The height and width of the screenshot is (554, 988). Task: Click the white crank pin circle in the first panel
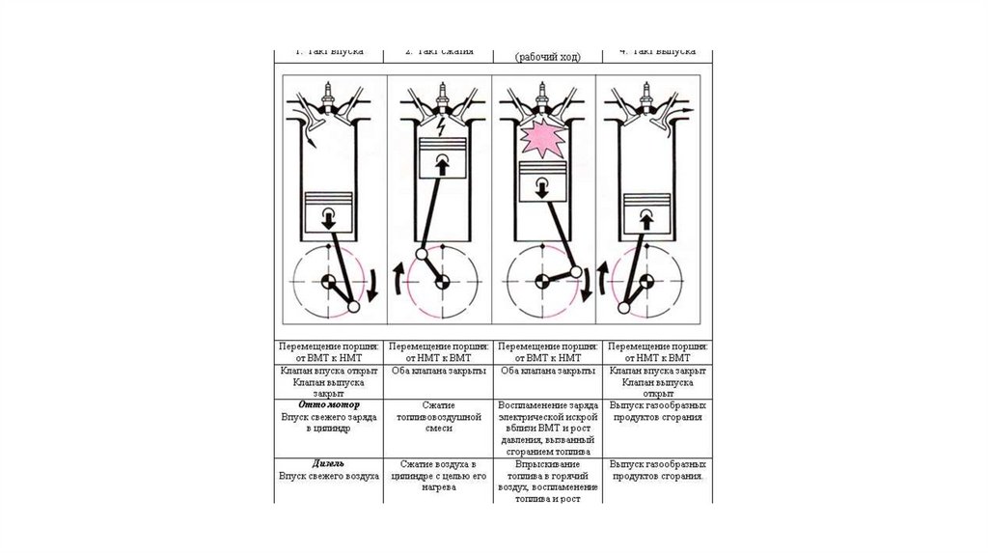(x=351, y=307)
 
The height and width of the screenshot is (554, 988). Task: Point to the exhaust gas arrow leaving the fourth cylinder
(x=686, y=113)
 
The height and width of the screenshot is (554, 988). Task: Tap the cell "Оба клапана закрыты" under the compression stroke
(x=440, y=371)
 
